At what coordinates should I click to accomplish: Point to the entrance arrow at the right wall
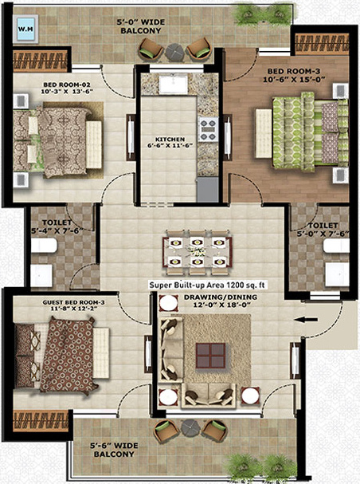(x=304, y=321)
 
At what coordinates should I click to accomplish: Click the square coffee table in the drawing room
(x=209, y=353)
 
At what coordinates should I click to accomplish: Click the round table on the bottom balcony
(x=190, y=427)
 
